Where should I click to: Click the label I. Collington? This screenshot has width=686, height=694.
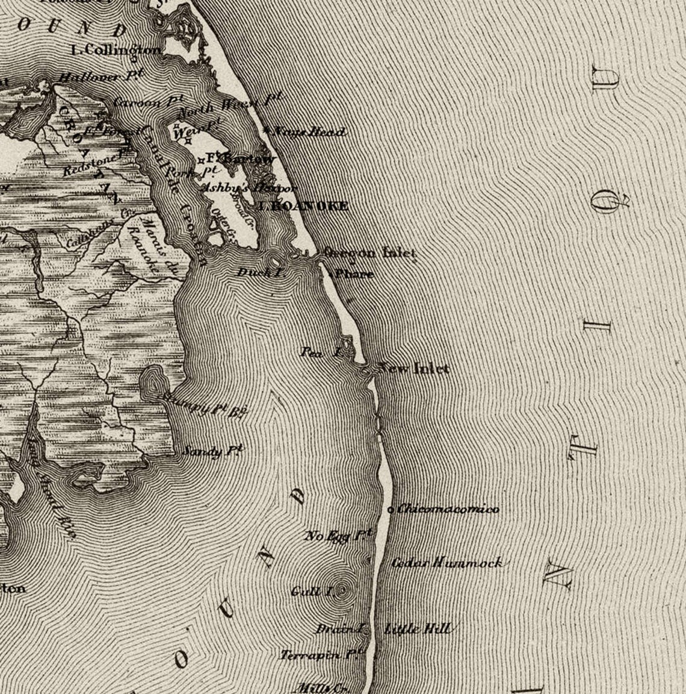click(x=116, y=50)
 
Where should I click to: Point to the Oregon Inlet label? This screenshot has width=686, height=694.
click(x=369, y=253)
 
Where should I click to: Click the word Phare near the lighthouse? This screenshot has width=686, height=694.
click(x=354, y=274)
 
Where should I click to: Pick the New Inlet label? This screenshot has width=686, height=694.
click(x=414, y=368)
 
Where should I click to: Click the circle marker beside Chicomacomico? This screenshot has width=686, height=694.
click(x=391, y=510)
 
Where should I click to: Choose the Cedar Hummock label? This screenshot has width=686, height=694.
click(x=446, y=563)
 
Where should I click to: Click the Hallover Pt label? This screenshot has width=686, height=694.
click(x=98, y=78)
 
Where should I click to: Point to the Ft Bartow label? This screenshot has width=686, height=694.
click(x=241, y=159)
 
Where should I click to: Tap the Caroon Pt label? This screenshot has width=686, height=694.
click(x=139, y=102)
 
